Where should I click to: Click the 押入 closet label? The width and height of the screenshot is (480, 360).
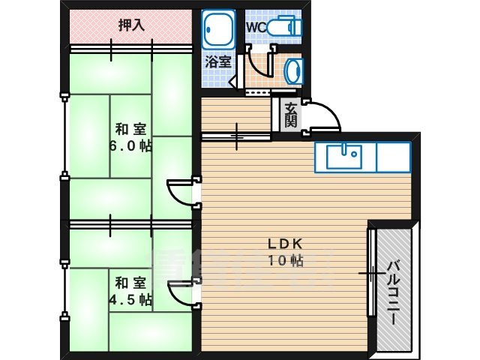[x=131, y=25]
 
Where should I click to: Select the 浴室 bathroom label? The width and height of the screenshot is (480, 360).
[x=218, y=62]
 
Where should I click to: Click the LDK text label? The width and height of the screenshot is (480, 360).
[x=286, y=244]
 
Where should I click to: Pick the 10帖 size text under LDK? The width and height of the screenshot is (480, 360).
[x=286, y=262]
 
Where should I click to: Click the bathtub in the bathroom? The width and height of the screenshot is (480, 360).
[x=219, y=31]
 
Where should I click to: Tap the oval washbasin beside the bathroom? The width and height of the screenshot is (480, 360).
[x=293, y=71]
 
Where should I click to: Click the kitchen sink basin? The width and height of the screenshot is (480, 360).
[x=345, y=157]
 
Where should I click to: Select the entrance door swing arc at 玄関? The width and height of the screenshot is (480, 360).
[x=321, y=117]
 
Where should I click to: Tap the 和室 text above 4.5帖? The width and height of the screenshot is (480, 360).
[x=130, y=283]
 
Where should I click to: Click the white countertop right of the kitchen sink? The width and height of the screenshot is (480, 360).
[x=393, y=157]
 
